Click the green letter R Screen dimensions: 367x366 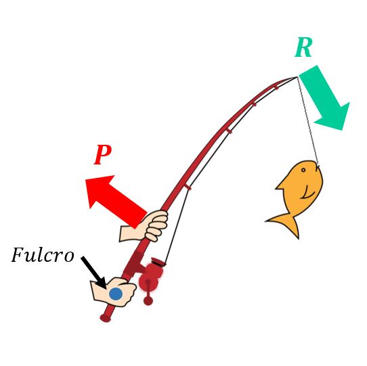click(303, 48)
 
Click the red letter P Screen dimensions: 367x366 click(102, 154)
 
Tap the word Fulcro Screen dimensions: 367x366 click(43, 254)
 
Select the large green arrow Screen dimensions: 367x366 click(325, 97)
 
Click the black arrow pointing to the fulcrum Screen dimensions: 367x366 click(93, 273)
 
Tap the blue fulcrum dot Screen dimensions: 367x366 click(116, 294)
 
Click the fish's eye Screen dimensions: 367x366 click(303, 170)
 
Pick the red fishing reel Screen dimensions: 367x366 click(150, 277)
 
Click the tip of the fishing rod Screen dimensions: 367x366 click(297, 77)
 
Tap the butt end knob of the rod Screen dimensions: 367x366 click(106, 318)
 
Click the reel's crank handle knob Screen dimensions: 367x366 click(148, 300)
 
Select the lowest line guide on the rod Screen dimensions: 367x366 click(188, 187)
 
